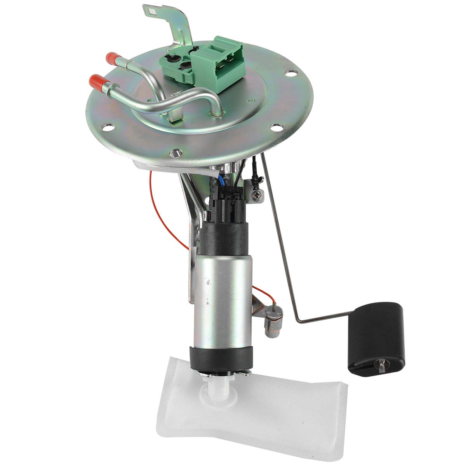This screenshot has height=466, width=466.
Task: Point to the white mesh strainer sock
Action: (241, 400)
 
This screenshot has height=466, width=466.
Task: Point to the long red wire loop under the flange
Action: (163, 217)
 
